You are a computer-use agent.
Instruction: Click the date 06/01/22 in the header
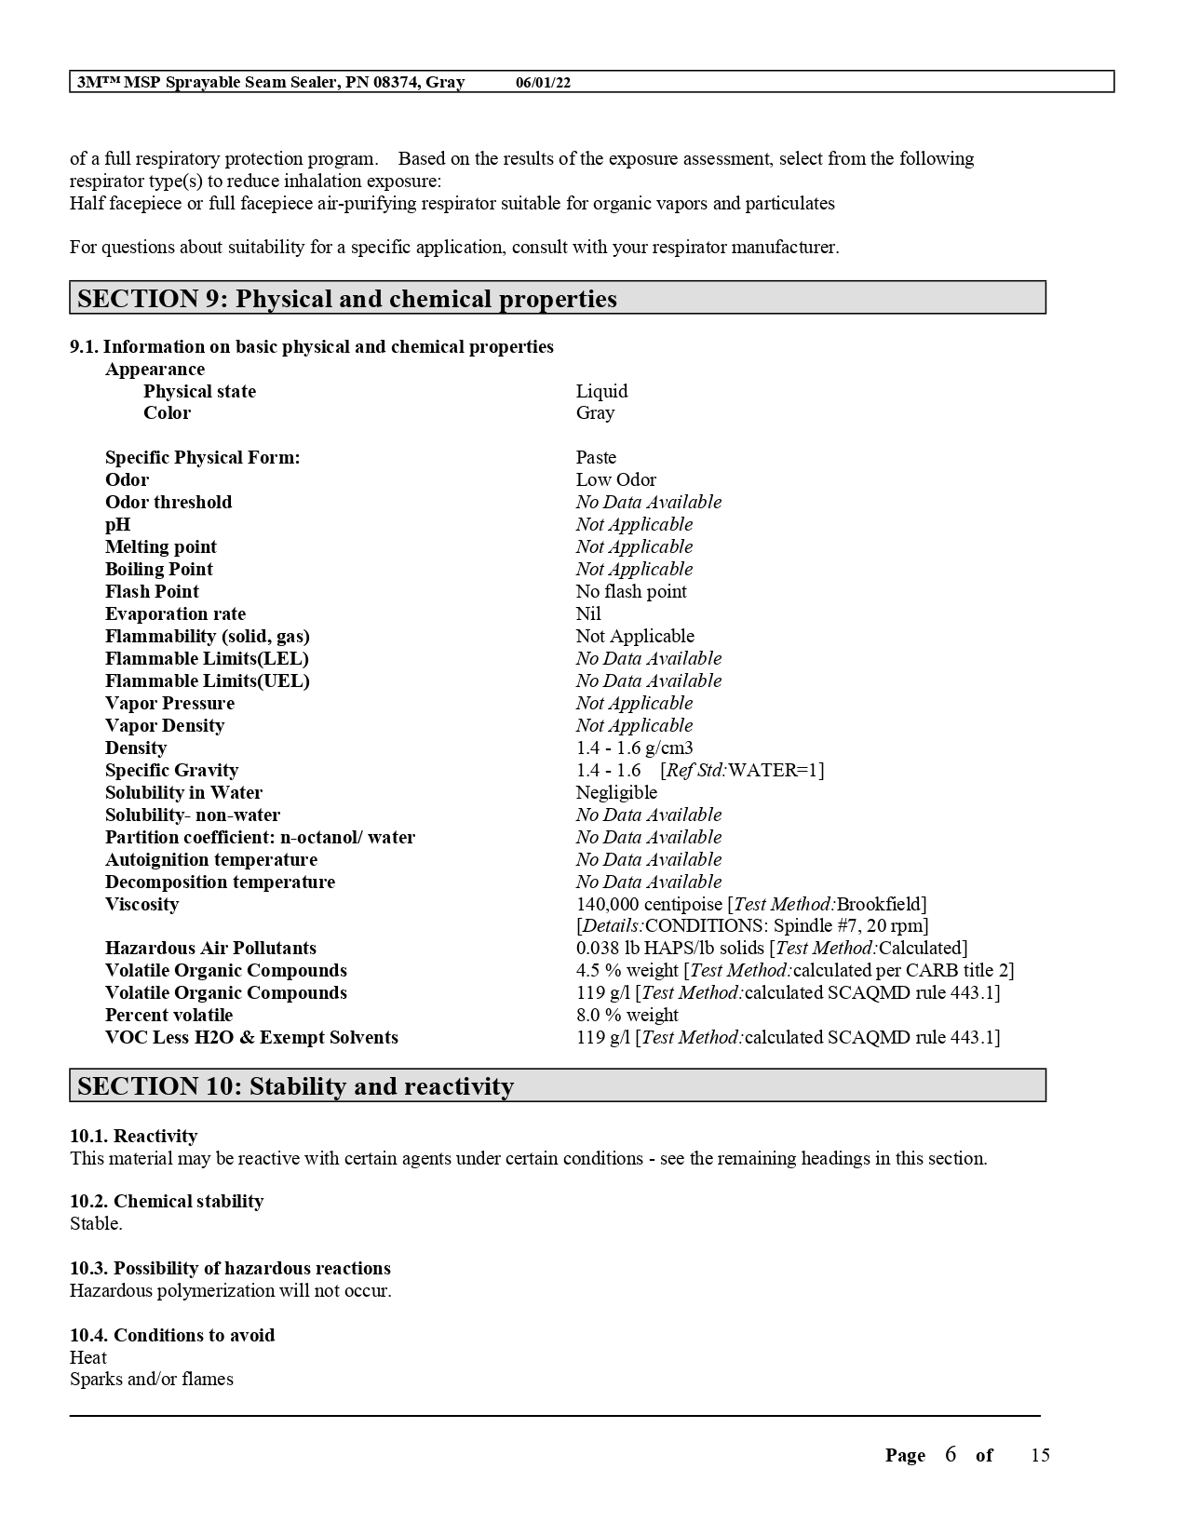tap(543, 83)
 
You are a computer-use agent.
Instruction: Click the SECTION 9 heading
tap(346, 299)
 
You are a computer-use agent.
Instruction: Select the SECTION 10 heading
tap(295, 1086)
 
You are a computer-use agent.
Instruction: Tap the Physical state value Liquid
tap(601, 391)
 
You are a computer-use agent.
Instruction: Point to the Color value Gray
tap(595, 412)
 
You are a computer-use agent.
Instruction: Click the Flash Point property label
tap(152, 591)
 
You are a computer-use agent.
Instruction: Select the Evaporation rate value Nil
tap(588, 613)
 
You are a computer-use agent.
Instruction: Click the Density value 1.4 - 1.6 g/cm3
tap(634, 748)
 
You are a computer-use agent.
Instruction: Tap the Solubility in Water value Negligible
tap(616, 792)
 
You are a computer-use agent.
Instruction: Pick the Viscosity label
tap(142, 904)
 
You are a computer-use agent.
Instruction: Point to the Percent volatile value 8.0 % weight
tap(627, 1015)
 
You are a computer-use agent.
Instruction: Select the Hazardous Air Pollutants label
tap(210, 948)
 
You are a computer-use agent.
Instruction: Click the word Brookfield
tap(882, 904)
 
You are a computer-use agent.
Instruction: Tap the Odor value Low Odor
tap(615, 479)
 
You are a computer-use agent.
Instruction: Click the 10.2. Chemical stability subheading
tap(167, 1201)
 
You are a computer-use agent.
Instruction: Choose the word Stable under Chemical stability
tap(96, 1223)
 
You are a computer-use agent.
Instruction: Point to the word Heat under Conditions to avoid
tap(88, 1357)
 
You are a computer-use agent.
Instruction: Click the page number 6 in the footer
tap(950, 1454)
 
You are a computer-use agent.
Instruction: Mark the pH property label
tap(117, 524)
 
